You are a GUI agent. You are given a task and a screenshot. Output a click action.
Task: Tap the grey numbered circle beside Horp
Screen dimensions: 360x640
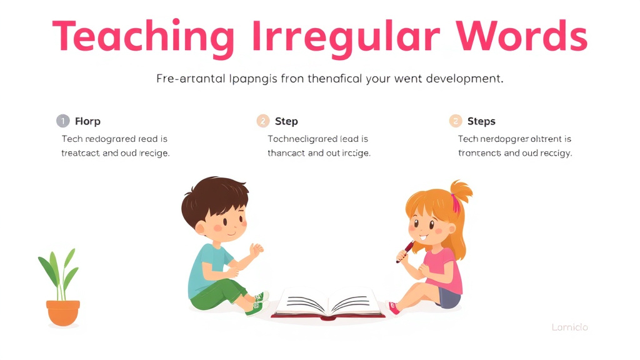pos(62,121)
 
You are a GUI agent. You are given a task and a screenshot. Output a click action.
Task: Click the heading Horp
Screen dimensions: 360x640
pos(87,121)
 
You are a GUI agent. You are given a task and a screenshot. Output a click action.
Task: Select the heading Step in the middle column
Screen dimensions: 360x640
pos(286,121)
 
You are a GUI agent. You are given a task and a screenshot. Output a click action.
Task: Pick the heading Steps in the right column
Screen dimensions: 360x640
pos(481,121)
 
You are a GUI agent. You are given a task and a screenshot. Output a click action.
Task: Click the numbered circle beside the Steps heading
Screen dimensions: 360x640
pos(456,121)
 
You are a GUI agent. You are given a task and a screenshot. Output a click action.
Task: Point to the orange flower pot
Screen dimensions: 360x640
pos(63,312)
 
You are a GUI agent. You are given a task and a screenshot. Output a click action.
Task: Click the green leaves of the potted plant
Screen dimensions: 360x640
pos(60,275)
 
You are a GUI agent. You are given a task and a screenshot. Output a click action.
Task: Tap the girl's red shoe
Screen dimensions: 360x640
pos(393,307)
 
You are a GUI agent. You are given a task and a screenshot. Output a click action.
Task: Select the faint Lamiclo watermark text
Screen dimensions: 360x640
pos(569,327)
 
